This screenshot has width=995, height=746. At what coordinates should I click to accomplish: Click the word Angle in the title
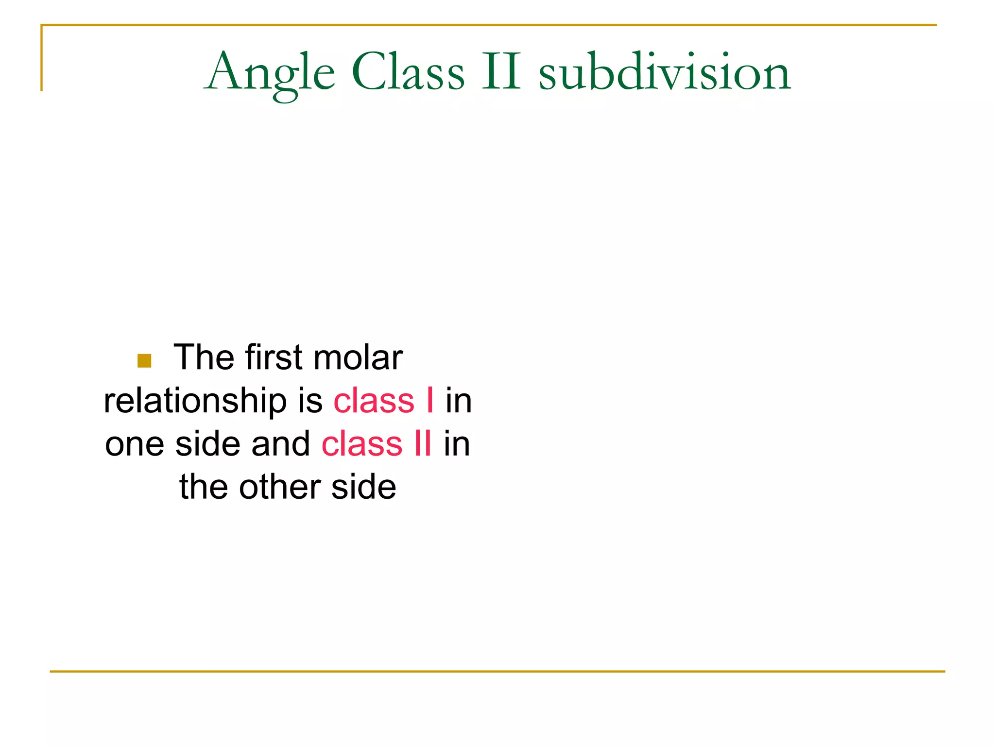click(270, 73)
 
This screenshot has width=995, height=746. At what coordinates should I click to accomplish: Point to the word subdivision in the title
click(665, 73)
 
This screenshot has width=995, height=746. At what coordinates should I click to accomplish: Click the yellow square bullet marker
click(144, 360)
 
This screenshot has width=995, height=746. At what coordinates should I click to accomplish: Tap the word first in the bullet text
click(274, 357)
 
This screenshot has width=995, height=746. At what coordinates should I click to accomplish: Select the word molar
click(358, 357)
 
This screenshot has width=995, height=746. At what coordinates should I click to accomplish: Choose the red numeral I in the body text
click(430, 401)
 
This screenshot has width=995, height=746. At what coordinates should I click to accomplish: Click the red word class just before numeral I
click(374, 401)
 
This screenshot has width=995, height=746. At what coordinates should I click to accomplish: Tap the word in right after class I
click(459, 401)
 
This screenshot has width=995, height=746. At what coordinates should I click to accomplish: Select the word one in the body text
click(135, 444)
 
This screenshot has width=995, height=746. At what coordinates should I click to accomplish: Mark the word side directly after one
click(208, 444)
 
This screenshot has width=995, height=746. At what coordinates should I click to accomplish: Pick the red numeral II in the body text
click(423, 444)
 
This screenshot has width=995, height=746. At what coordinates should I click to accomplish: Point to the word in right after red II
click(457, 444)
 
